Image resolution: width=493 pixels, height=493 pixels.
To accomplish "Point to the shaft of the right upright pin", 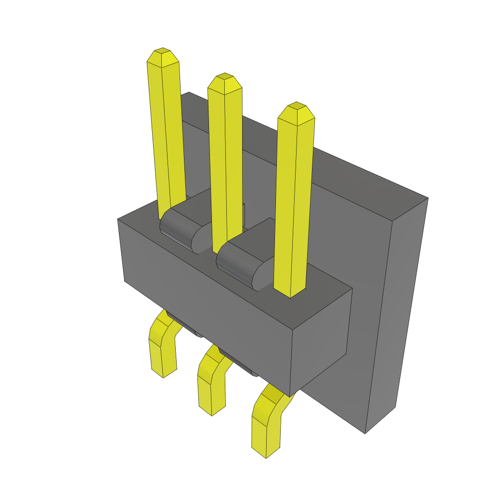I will tap(294, 202).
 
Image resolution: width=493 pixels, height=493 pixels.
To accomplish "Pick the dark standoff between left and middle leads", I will tap(185, 327).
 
